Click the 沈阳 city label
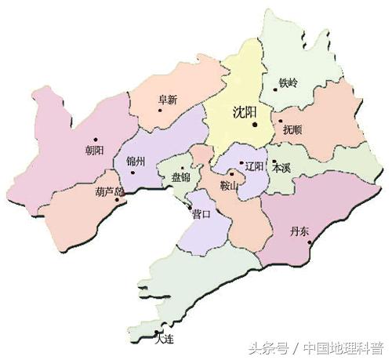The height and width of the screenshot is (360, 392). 245,111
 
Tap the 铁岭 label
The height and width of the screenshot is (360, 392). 288,82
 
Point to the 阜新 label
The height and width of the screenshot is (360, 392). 168,100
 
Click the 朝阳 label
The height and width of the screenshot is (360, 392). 94,151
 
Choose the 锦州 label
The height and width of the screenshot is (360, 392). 136,162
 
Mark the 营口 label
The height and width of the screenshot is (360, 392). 201,214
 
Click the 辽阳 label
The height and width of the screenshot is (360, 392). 255,166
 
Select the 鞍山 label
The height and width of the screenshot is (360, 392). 229,186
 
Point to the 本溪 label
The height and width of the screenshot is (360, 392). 280,168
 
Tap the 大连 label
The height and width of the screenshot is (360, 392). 163,339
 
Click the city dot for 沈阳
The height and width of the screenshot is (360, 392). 254,122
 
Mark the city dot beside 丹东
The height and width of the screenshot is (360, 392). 310,242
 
